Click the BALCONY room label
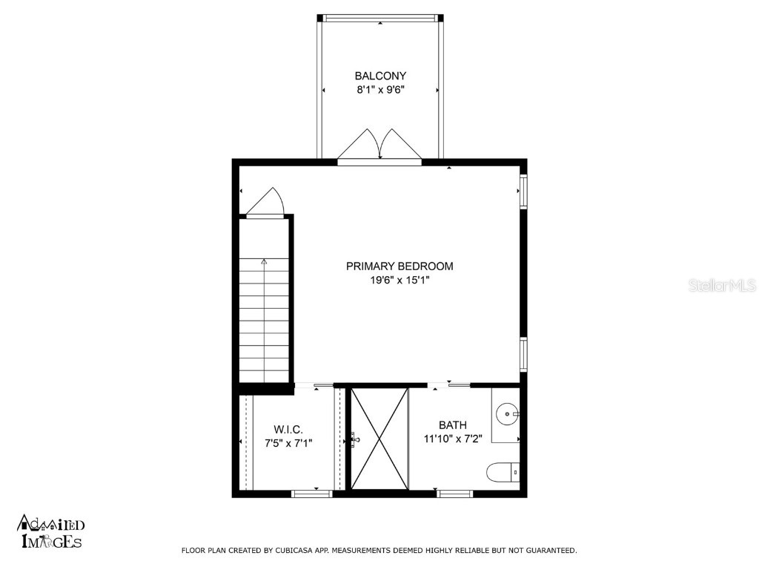[380, 76]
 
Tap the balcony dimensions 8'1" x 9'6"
[380, 90]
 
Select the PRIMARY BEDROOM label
[400, 266]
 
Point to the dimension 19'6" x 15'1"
[400, 281]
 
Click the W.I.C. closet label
[288, 429]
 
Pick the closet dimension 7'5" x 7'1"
[288, 443]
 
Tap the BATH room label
[452, 425]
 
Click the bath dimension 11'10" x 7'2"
[452, 439]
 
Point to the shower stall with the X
[379, 439]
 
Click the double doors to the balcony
[379, 145]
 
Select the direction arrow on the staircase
[264, 261]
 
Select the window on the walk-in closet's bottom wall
[312, 493]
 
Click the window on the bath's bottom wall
[454, 493]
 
